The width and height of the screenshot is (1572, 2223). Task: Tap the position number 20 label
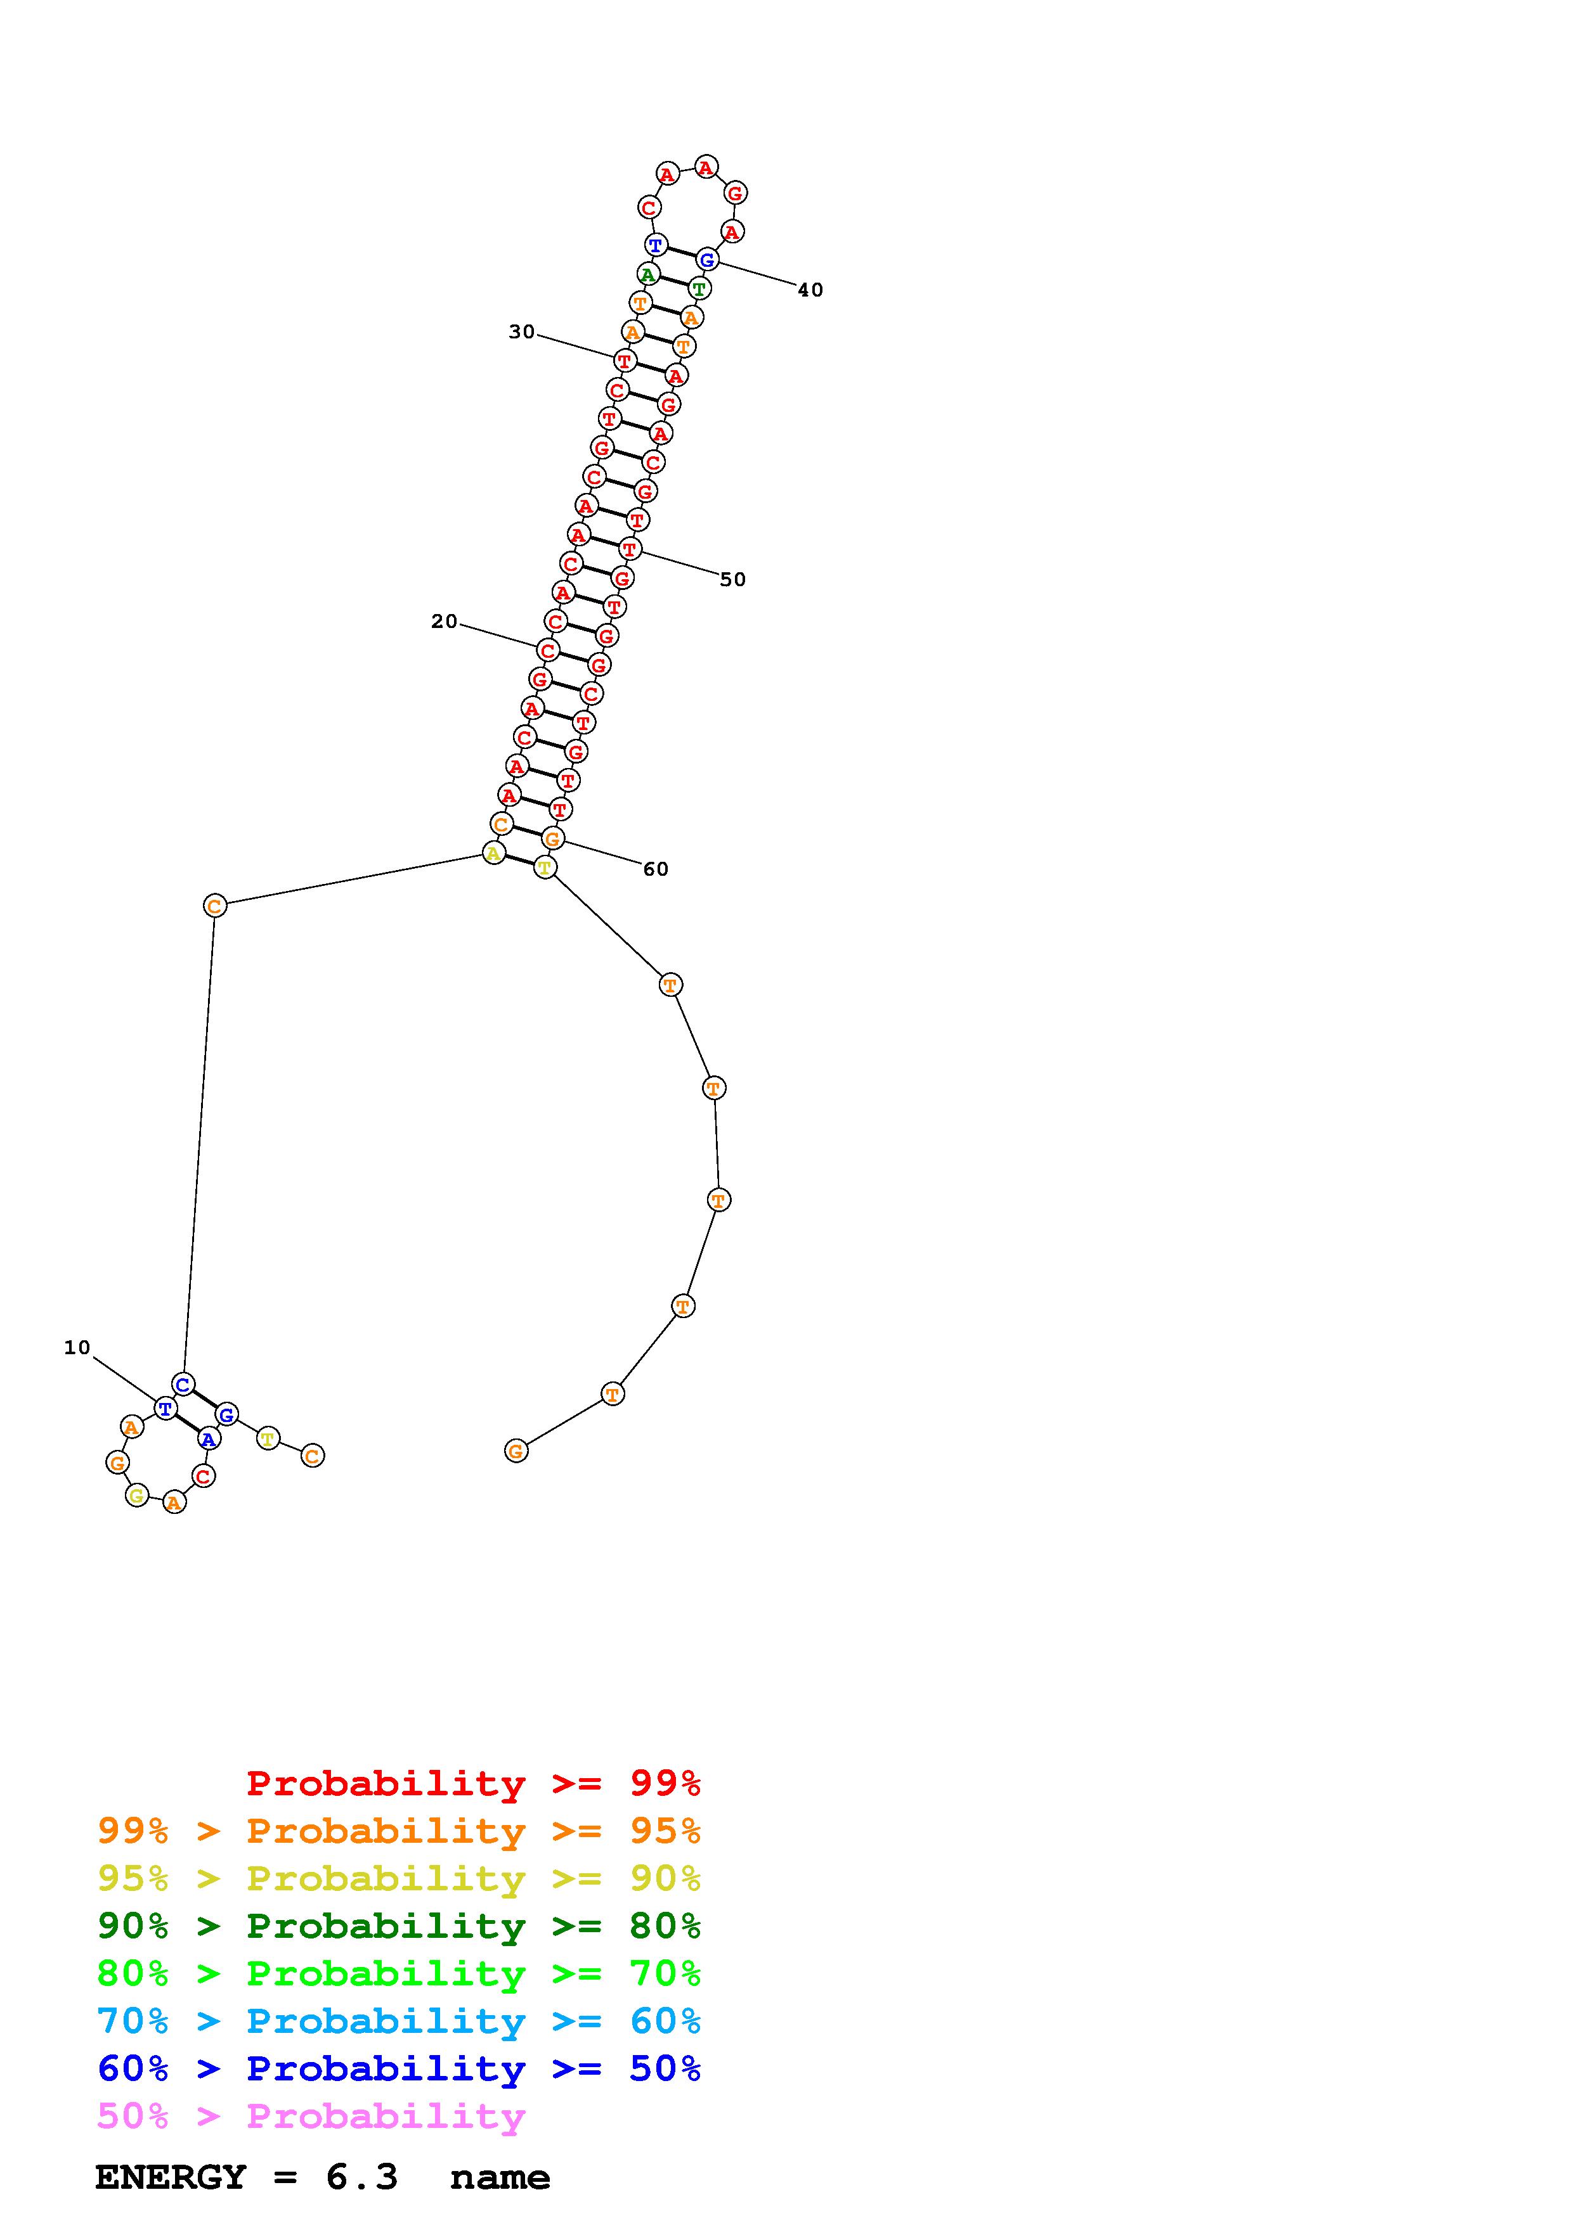444,622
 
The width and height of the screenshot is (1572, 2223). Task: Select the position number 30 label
521,332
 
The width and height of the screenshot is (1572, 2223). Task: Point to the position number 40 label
810,290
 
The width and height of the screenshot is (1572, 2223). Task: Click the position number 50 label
732,579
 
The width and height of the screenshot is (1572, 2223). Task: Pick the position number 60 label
656,869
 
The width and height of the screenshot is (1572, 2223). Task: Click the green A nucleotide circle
648,274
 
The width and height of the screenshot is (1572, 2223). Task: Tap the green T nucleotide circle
699,288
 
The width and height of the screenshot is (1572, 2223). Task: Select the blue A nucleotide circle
208,1438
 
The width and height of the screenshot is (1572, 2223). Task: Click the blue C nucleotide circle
183,1383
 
